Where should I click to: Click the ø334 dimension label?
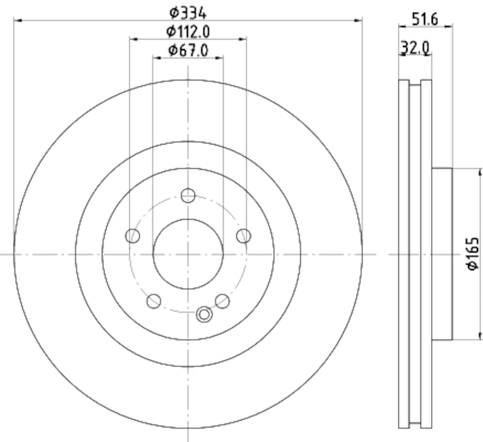188,11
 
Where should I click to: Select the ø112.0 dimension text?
188,31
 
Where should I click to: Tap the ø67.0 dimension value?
188,50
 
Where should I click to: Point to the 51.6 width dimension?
425,18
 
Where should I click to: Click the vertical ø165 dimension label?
473,254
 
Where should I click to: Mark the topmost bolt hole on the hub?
188,195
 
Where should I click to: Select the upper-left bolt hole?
133,236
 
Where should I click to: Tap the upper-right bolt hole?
243,236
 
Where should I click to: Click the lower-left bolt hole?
154,301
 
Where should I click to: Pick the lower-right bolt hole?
223,301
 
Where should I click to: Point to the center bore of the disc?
188,254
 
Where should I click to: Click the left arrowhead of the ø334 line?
17,21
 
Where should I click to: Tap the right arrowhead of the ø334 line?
360,21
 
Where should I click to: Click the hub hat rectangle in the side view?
442,254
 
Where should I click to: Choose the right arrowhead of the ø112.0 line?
243,39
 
